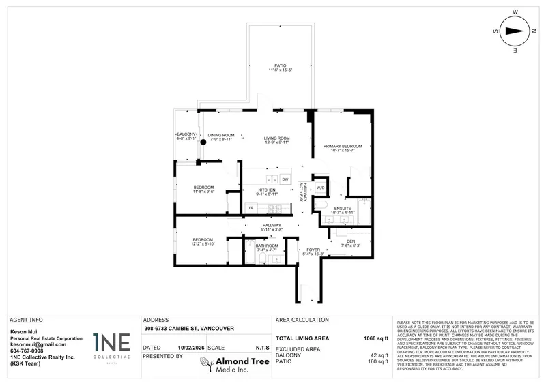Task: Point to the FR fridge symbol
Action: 250,207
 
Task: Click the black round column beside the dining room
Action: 203,143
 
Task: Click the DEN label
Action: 351,241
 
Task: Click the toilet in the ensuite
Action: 324,205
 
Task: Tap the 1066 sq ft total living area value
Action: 375,338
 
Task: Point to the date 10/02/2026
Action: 190,347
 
